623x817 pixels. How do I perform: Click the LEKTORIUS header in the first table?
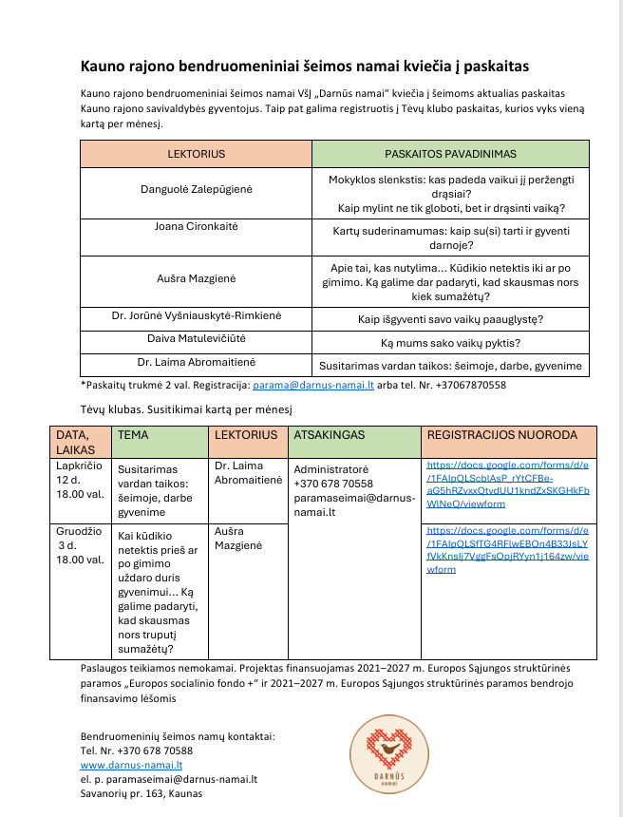pyautogui.click(x=196, y=153)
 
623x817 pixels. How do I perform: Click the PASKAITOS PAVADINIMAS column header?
pyautogui.click(x=450, y=153)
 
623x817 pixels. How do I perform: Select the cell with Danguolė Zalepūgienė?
pyautogui.click(x=196, y=190)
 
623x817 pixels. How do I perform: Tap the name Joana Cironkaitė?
pyautogui.click(x=196, y=227)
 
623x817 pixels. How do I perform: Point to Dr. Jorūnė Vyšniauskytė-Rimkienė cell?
pyautogui.click(x=196, y=317)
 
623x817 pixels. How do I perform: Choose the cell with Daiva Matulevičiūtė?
pyautogui.click(x=196, y=340)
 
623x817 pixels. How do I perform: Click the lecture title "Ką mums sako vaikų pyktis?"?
pyautogui.click(x=450, y=341)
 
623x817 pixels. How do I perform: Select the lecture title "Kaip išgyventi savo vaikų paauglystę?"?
pyautogui.click(x=450, y=318)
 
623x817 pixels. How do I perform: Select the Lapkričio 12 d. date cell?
pyautogui.click(x=80, y=484)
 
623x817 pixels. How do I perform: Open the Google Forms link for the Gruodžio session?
pyautogui.click(x=508, y=549)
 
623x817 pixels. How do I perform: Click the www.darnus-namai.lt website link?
pyautogui.click(x=131, y=764)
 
